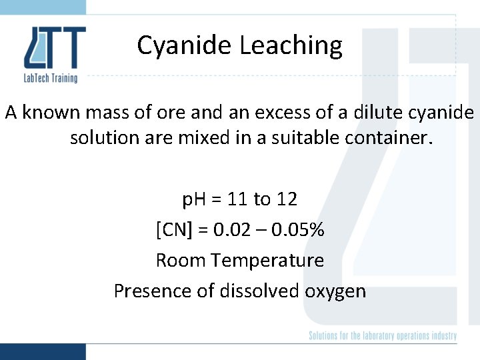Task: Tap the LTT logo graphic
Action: [x=55, y=47]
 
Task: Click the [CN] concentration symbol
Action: [x=174, y=230]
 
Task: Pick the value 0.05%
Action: [x=297, y=230]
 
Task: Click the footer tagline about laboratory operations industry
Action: [x=383, y=335]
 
